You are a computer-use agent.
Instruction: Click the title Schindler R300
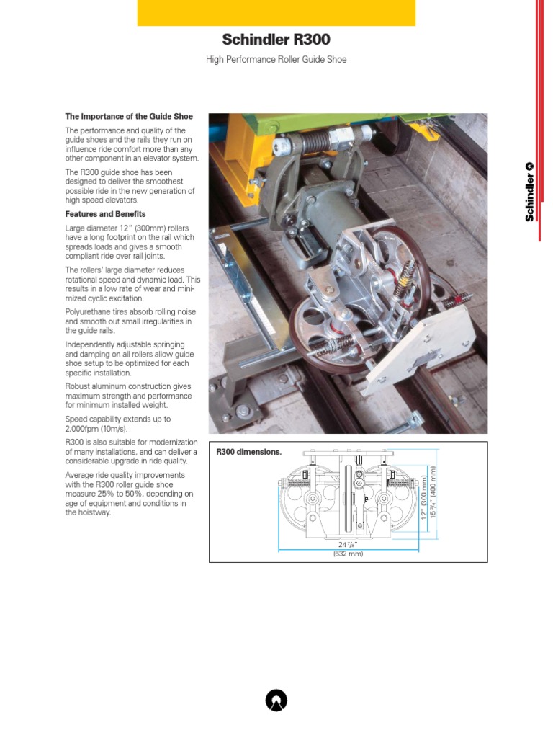pyautogui.click(x=276, y=40)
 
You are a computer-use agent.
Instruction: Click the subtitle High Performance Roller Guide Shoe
pyautogui.click(x=276, y=60)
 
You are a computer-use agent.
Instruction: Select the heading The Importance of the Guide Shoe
pyautogui.click(x=129, y=116)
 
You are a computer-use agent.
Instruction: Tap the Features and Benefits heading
pyautogui.click(x=105, y=214)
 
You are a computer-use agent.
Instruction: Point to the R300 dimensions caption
pyautogui.click(x=249, y=453)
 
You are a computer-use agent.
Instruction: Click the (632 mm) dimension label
pyautogui.click(x=348, y=553)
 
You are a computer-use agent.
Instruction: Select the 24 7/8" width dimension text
pyautogui.click(x=348, y=544)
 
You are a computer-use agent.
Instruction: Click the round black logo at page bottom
pyautogui.click(x=276, y=700)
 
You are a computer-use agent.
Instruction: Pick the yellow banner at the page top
pyautogui.click(x=276, y=13)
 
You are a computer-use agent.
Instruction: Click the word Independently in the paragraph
pyautogui.click(x=91, y=344)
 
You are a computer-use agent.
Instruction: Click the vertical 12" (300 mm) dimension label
pyautogui.click(x=424, y=497)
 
